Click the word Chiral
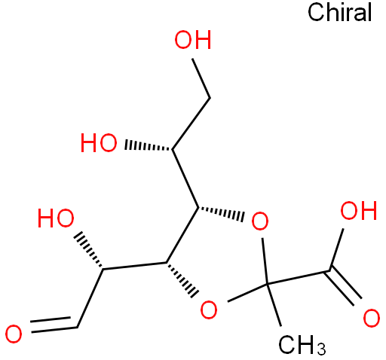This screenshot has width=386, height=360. (339, 13)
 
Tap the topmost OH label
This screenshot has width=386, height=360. (193, 40)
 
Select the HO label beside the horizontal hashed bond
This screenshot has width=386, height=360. (99, 143)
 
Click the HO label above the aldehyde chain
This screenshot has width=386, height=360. (56, 218)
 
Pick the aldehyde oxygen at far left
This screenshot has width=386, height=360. (14, 334)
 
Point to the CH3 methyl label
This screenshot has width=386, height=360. (302, 345)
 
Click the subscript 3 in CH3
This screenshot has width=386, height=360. (321, 349)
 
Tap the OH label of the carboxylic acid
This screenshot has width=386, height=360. (359, 210)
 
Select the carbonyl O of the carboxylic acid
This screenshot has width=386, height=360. (372, 319)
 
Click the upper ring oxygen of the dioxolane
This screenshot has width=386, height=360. (260, 221)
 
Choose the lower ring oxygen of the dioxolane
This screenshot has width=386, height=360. (209, 310)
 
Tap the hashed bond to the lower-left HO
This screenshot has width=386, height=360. (88, 250)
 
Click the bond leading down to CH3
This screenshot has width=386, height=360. (274, 305)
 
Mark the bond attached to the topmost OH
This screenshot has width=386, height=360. (201, 78)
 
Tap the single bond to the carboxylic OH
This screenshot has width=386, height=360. (336, 250)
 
